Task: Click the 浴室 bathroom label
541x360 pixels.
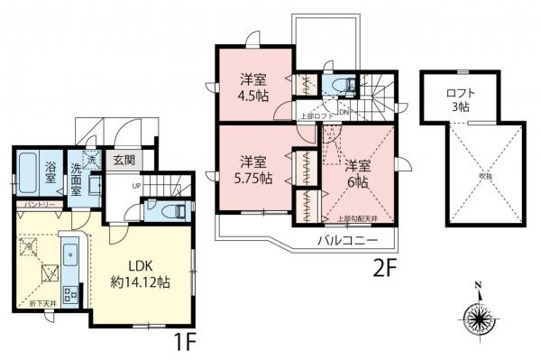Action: (x=51, y=172)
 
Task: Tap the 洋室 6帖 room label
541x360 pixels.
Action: (x=358, y=173)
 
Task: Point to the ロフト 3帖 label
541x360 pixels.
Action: (x=466, y=98)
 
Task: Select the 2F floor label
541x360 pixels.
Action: (x=387, y=270)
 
